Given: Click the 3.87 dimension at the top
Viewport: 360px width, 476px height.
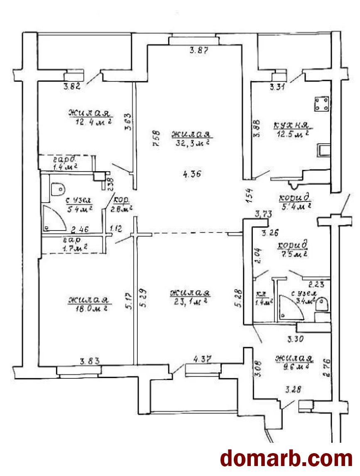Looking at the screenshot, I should (x=198, y=52).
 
